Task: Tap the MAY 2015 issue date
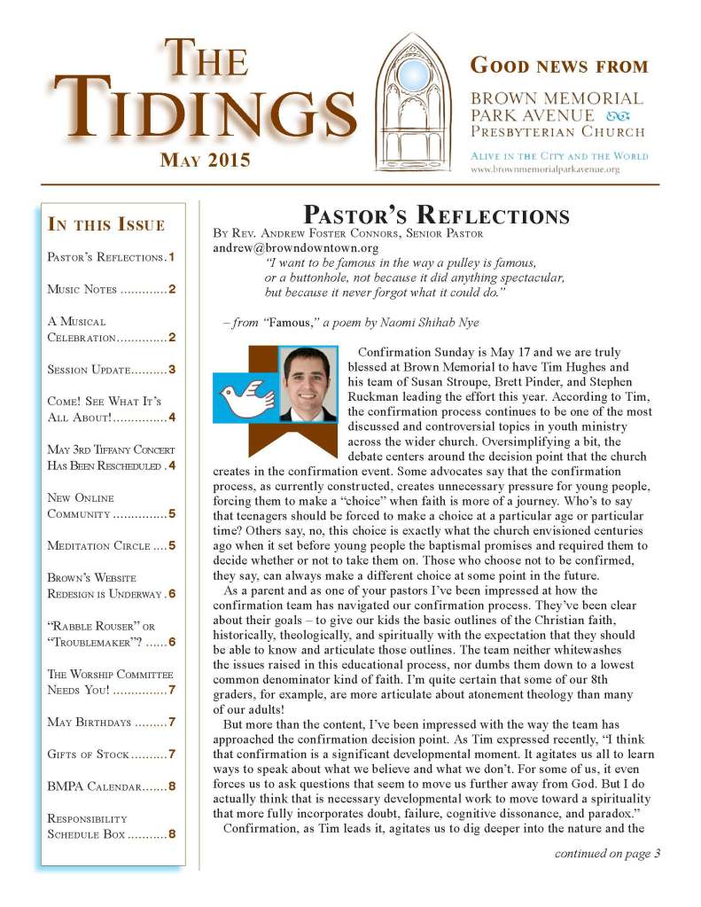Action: pyautogui.click(x=205, y=160)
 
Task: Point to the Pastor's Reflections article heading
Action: pyautogui.click(x=436, y=215)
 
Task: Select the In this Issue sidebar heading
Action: pyautogui.click(x=105, y=223)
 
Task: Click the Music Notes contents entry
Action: pyautogui.click(x=111, y=289)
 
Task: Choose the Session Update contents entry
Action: pyautogui.click(x=111, y=369)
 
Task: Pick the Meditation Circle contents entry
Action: pyautogui.click(x=111, y=545)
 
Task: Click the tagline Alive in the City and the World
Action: pyautogui.click(x=558, y=155)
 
